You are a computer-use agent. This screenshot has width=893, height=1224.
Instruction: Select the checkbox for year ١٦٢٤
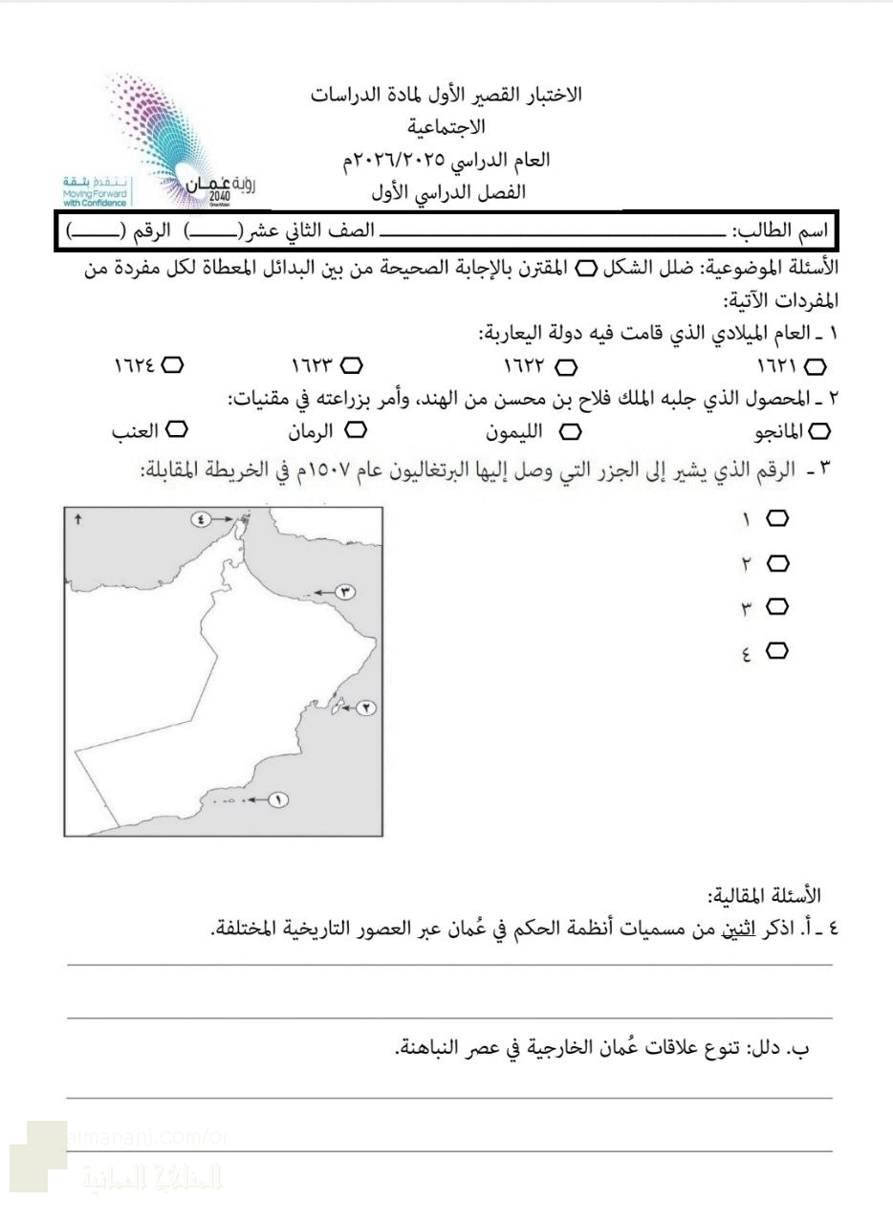coord(173,365)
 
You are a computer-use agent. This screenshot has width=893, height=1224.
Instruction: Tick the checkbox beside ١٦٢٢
coord(566,366)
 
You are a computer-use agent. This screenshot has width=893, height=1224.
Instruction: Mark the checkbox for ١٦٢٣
coord(352,365)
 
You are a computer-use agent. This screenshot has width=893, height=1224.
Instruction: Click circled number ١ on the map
coord(277,799)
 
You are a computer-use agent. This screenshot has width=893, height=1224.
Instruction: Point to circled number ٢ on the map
coord(366,708)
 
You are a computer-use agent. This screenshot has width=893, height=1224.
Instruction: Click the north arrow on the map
coord(78,519)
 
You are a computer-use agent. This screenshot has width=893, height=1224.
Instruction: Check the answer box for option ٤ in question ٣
coord(777,651)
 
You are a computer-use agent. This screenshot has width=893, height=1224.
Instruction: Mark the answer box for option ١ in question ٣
coord(777,518)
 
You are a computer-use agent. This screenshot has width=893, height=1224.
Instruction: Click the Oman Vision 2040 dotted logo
coord(172,134)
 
